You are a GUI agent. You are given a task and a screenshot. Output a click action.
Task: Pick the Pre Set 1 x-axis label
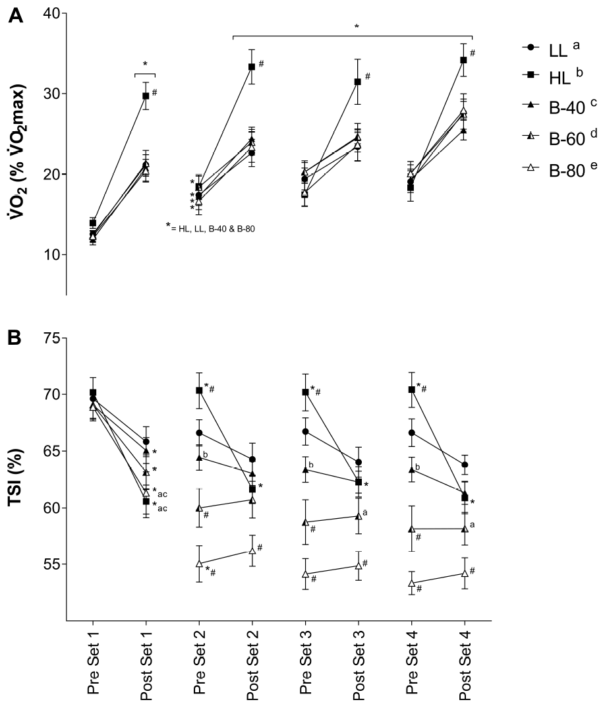[x=92, y=666]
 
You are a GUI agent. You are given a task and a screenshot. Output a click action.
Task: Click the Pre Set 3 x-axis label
[x=305, y=666]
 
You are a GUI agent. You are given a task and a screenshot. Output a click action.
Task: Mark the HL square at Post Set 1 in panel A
[x=146, y=96]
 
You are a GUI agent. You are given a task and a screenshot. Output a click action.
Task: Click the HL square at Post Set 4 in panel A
[x=464, y=60]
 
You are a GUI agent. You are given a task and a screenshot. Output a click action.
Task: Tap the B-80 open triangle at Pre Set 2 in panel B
[x=198, y=564]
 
